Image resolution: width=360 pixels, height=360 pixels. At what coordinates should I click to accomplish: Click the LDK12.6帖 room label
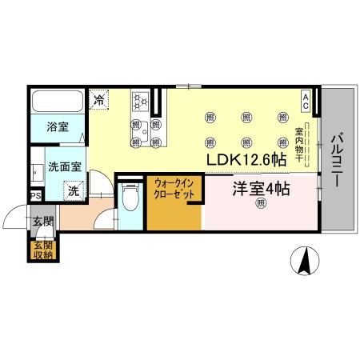(x=246, y=158)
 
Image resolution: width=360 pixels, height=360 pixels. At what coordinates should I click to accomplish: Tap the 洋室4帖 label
(x=261, y=189)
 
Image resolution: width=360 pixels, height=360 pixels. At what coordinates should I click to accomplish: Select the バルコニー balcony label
(x=336, y=159)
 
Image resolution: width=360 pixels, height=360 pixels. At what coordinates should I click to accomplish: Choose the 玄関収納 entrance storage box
(x=42, y=250)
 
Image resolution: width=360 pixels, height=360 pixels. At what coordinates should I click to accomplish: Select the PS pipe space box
(x=35, y=195)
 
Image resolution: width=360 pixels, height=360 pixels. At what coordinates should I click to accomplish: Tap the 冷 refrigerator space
(x=99, y=100)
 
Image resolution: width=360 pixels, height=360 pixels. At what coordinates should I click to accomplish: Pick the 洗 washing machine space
(x=73, y=190)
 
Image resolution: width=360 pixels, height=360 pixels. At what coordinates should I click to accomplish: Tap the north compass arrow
(x=304, y=261)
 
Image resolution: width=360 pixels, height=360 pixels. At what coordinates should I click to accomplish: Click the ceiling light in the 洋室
(x=261, y=205)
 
